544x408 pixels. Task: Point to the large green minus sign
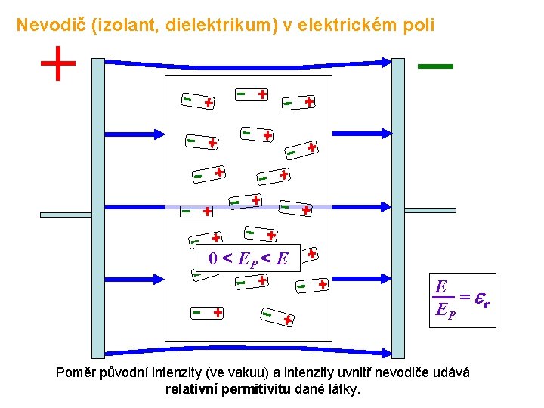pos(435,67)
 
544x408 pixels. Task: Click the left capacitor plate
pos(97,207)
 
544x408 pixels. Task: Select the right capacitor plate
pos(398,207)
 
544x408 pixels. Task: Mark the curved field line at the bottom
pos(249,353)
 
